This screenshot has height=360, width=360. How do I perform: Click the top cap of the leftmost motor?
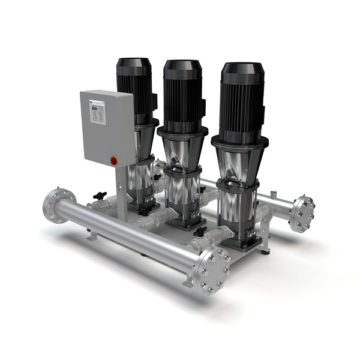133,63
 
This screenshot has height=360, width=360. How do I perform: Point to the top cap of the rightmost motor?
240,68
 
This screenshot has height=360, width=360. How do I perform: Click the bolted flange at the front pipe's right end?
212,272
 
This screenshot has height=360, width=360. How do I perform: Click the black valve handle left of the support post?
100,196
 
